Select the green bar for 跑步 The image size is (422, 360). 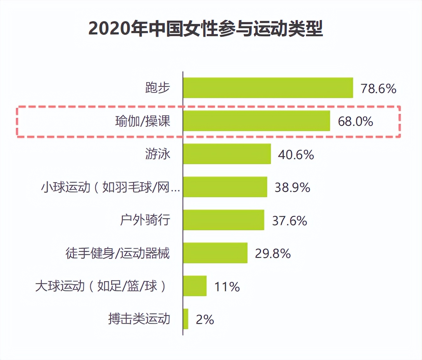coord(268,88)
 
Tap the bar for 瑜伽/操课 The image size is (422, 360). coord(257,121)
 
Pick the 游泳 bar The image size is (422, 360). coord(227,154)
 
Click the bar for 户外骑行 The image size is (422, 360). coord(224,220)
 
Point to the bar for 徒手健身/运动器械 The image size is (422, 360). coord(215,253)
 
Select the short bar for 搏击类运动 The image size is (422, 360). coord(186,319)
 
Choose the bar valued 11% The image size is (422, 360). coord(195,286)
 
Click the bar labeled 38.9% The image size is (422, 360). coord(225,187)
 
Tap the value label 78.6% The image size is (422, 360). coord(378,89)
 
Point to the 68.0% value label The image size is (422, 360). coord(355,121)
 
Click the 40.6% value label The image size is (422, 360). coord(296,155)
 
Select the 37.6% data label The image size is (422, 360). coord(290,221)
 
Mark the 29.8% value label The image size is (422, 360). coord(273,254)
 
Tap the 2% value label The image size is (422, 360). coord(205,320)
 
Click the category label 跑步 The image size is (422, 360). coord(158,88)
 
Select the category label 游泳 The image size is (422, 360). coord(158,154)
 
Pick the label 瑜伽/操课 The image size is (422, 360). coord(143,121)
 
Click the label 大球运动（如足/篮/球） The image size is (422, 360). coord(101,286)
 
